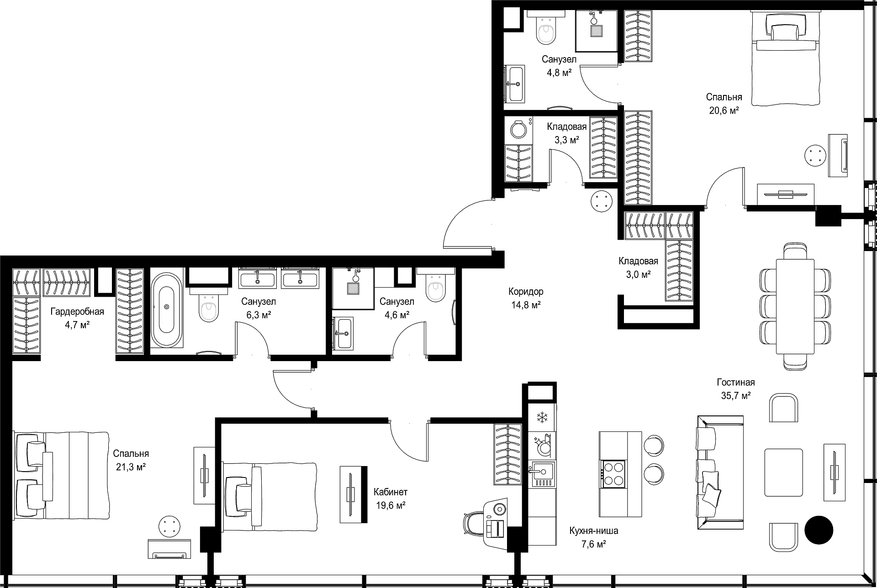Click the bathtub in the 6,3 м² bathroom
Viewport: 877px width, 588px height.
point(166,310)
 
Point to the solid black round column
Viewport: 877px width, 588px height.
point(819,530)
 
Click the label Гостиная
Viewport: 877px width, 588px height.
point(735,383)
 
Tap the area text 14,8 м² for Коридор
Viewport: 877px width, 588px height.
point(526,304)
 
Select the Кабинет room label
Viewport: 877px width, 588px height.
point(390,492)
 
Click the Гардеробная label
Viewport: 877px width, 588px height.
point(77,312)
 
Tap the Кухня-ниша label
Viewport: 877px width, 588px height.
point(594,531)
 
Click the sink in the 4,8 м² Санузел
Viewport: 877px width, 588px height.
point(515,84)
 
